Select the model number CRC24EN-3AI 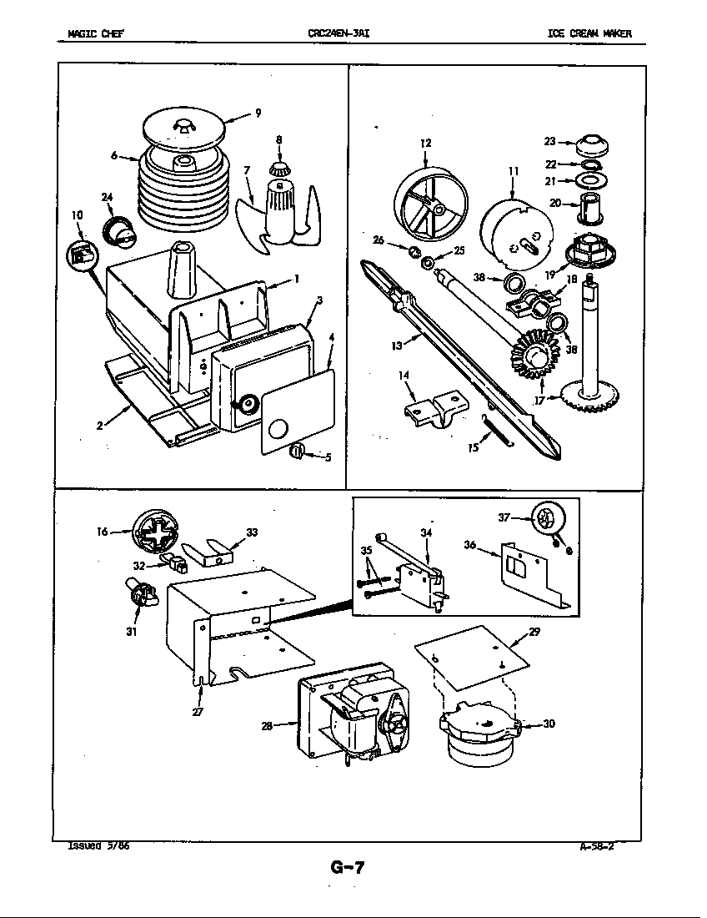[338, 34]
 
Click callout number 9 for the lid [258, 113]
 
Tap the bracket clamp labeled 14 [433, 411]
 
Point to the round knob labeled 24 [119, 229]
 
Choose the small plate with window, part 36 [525, 571]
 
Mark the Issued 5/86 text [98, 845]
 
